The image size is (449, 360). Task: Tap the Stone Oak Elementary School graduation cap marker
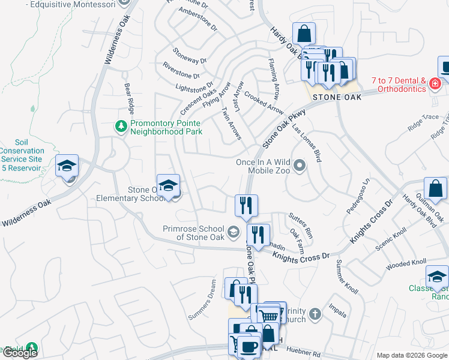[169, 187]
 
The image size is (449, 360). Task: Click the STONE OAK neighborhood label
[337, 97]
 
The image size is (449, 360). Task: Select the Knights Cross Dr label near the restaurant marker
[301, 256]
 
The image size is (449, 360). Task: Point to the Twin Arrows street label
[232, 124]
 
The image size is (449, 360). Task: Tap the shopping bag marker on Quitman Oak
[435, 190]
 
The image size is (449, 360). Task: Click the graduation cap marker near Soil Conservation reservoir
[67, 167]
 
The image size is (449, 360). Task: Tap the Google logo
[20, 353]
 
